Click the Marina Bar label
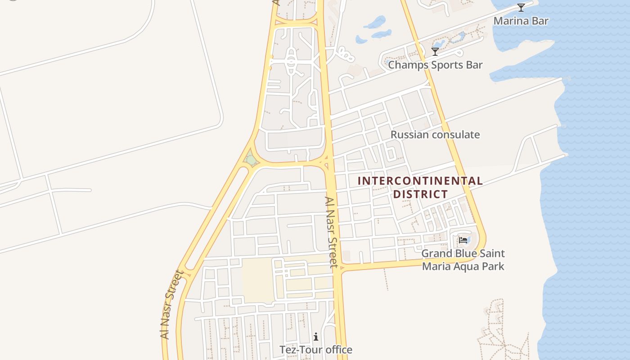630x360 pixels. pos(521,21)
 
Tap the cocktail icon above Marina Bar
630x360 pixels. pos(521,7)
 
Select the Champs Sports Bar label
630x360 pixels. pos(435,65)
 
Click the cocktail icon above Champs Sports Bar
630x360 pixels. pos(435,52)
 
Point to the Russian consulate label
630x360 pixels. pos(435,135)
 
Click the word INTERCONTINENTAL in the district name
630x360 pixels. pos(420,181)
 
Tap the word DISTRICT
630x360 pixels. pos(420,194)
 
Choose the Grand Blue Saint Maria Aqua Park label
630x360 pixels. pos(463,260)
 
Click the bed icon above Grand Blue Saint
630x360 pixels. pos(463,240)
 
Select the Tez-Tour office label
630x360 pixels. pos(316,350)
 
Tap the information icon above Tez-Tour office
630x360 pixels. pos(316,336)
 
